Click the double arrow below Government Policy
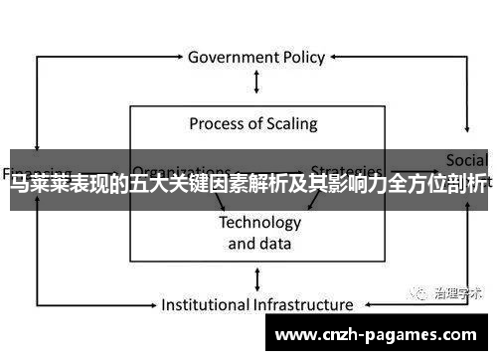click(257, 82)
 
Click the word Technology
click(259, 222)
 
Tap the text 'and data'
click(259, 243)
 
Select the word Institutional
click(206, 304)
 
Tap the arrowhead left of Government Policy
click(179, 57)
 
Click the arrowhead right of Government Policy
click(336, 57)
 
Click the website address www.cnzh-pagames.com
click(382, 335)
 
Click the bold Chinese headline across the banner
click(248, 185)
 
